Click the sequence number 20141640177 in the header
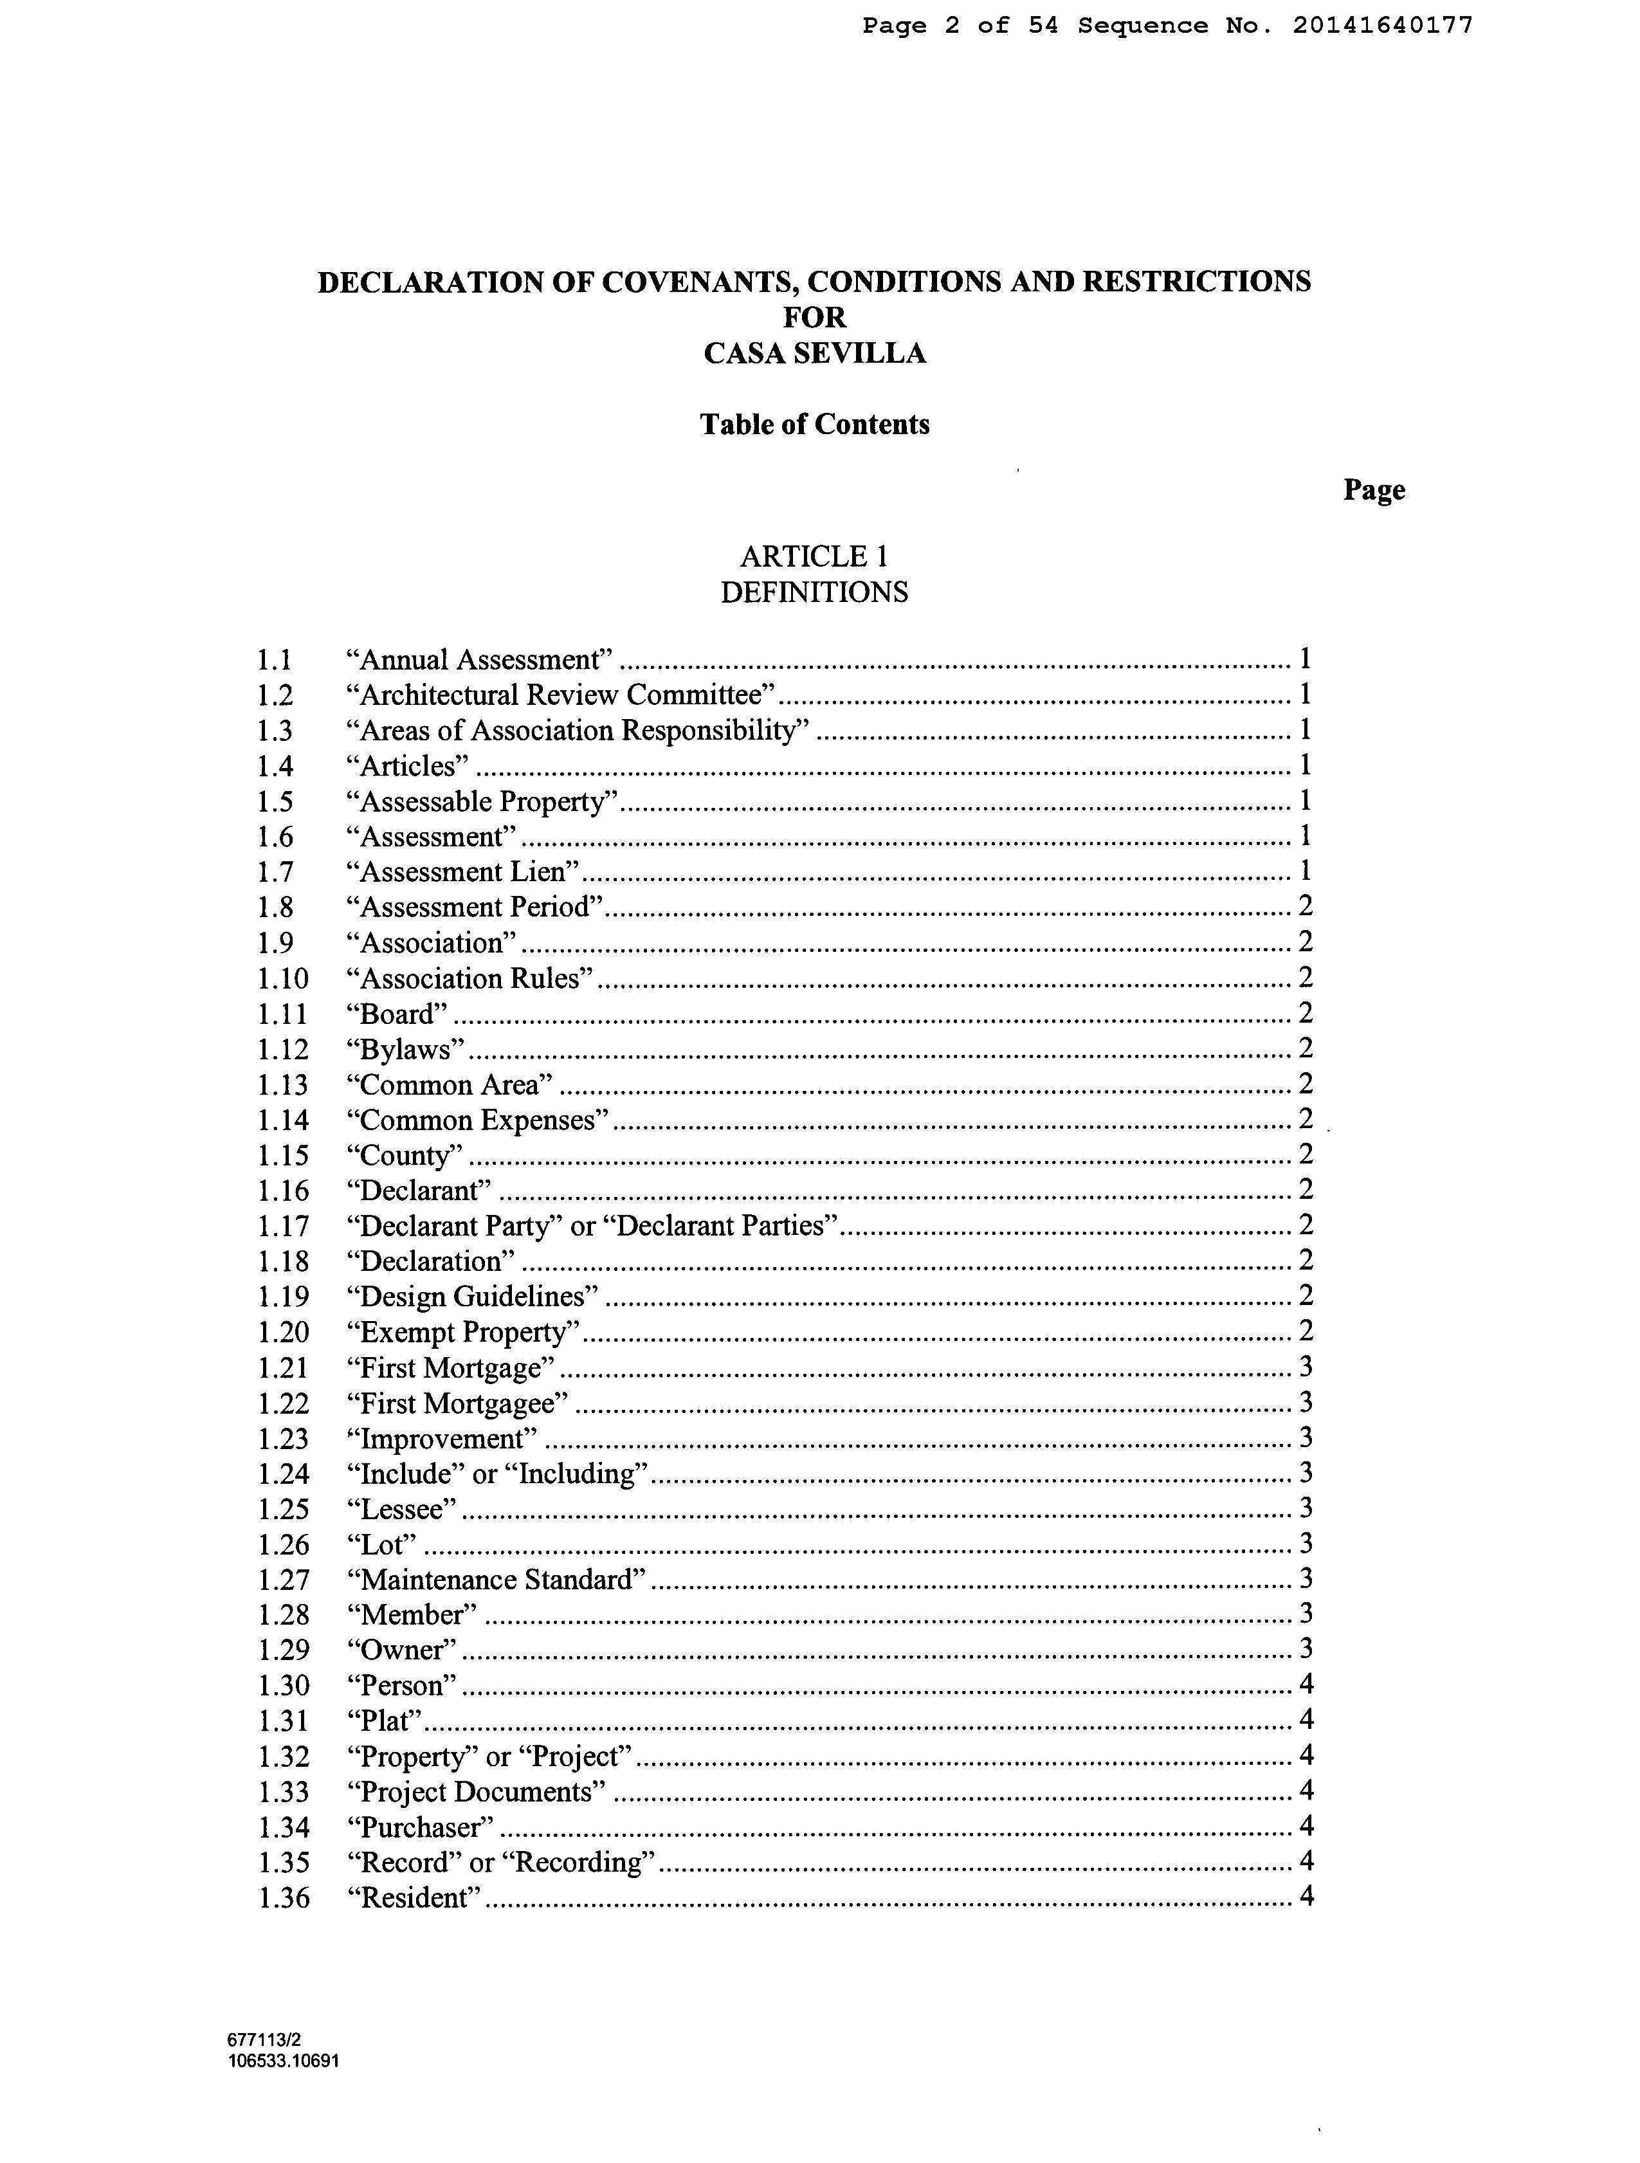(x=1382, y=26)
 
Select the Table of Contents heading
(x=815, y=424)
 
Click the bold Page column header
(x=1373, y=490)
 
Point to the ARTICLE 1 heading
(x=815, y=556)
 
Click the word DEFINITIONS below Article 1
(x=815, y=592)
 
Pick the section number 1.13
(x=282, y=1084)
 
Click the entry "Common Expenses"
(x=477, y=1120)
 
